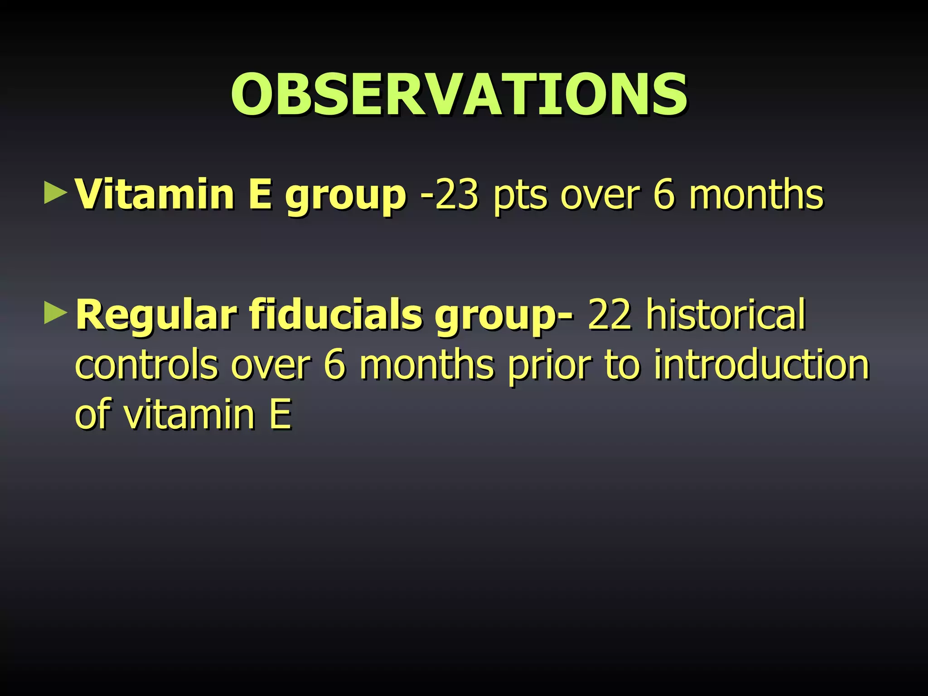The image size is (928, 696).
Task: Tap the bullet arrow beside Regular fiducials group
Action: [55, 313]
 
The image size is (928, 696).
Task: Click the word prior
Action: [549, 365]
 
